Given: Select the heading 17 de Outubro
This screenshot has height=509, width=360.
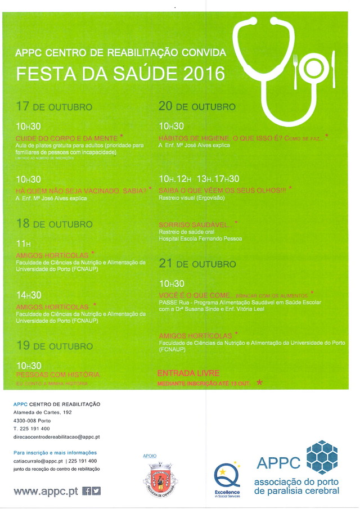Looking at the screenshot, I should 54,106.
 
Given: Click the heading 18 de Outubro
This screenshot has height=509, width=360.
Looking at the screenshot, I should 54,224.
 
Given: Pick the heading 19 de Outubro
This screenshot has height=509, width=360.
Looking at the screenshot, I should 54,345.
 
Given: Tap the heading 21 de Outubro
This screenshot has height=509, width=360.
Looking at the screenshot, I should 197,263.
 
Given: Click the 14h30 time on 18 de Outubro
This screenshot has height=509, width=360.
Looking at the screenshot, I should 29,295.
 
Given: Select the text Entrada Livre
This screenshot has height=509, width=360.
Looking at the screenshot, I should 188,373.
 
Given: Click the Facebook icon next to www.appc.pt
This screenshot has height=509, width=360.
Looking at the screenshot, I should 87,490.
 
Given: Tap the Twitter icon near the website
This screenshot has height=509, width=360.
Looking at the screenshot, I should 96,490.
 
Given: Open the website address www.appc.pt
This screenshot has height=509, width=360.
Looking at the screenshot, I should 46,491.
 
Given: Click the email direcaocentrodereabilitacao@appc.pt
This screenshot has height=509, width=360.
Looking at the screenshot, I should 56,437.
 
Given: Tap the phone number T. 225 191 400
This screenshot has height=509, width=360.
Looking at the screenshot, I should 31,429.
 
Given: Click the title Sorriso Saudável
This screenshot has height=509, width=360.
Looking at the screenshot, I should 195,225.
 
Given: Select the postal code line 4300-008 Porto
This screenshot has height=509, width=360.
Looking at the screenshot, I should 33,420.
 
